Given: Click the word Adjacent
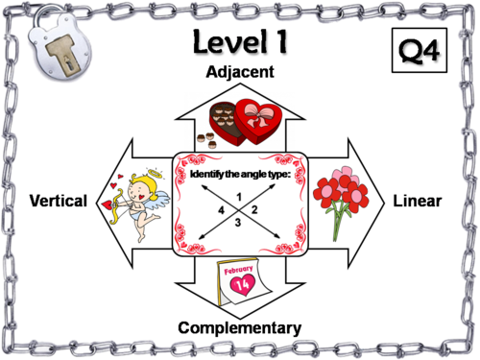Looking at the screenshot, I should pyautogui.click(x=240, y=72).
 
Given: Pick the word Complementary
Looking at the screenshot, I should pyautogui.click(x=240, y=328).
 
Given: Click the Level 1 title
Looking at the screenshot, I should pyautogui.click(x=240, y=43).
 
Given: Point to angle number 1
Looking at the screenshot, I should pyautogui.click(x=237, y=195).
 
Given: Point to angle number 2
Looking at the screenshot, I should pyautogui.click(x=254, y=208).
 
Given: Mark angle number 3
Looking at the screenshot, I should pyautogui.click(x=238, y=224).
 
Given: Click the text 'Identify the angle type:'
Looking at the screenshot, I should pyautogui.click(x=240, y=173).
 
